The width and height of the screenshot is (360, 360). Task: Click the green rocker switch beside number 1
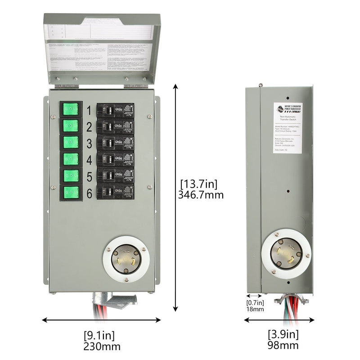coord(71,108)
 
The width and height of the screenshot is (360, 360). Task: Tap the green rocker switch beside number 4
coord(71,158)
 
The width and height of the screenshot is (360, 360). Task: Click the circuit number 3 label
coord(89,144)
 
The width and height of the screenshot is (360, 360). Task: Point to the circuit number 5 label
coord(89,176)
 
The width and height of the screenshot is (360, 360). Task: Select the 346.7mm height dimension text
coord(202,195)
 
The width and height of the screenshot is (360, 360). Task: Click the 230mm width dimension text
coord(102,346)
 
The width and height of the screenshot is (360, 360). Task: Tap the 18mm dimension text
coord(255,310)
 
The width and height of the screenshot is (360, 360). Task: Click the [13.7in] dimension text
coord(198,184)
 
